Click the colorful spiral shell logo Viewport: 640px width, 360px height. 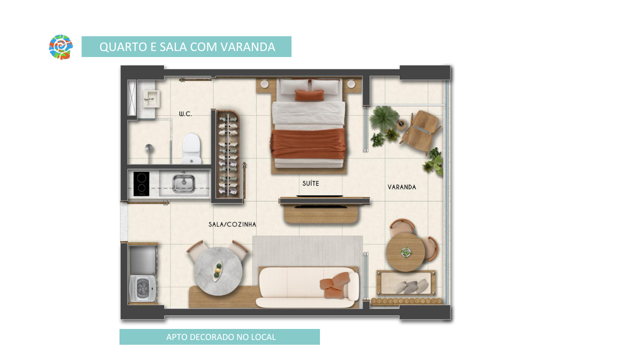[61, 47]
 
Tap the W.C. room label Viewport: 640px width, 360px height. [185, 114]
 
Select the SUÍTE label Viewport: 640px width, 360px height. [310, 183]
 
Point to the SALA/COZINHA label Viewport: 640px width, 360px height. [232, 224]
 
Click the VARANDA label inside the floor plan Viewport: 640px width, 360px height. [401, 187]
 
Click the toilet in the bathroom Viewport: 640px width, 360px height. [191, 148]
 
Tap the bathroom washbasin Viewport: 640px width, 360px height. [151, 99]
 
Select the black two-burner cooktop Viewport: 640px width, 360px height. [141, 183]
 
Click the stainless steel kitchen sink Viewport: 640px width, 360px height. [183, 183]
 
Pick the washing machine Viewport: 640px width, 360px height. [143, 288]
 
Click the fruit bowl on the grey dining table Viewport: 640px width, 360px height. [217, 270]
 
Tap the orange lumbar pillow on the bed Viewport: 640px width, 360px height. [309, 95]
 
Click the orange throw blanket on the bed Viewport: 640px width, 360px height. [308, 143]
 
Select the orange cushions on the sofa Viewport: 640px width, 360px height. [334, 285]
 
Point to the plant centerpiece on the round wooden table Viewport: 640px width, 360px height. [405, 252]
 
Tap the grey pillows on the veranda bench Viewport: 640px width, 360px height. [411, 286]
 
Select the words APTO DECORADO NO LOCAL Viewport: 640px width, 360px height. [221, 337]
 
